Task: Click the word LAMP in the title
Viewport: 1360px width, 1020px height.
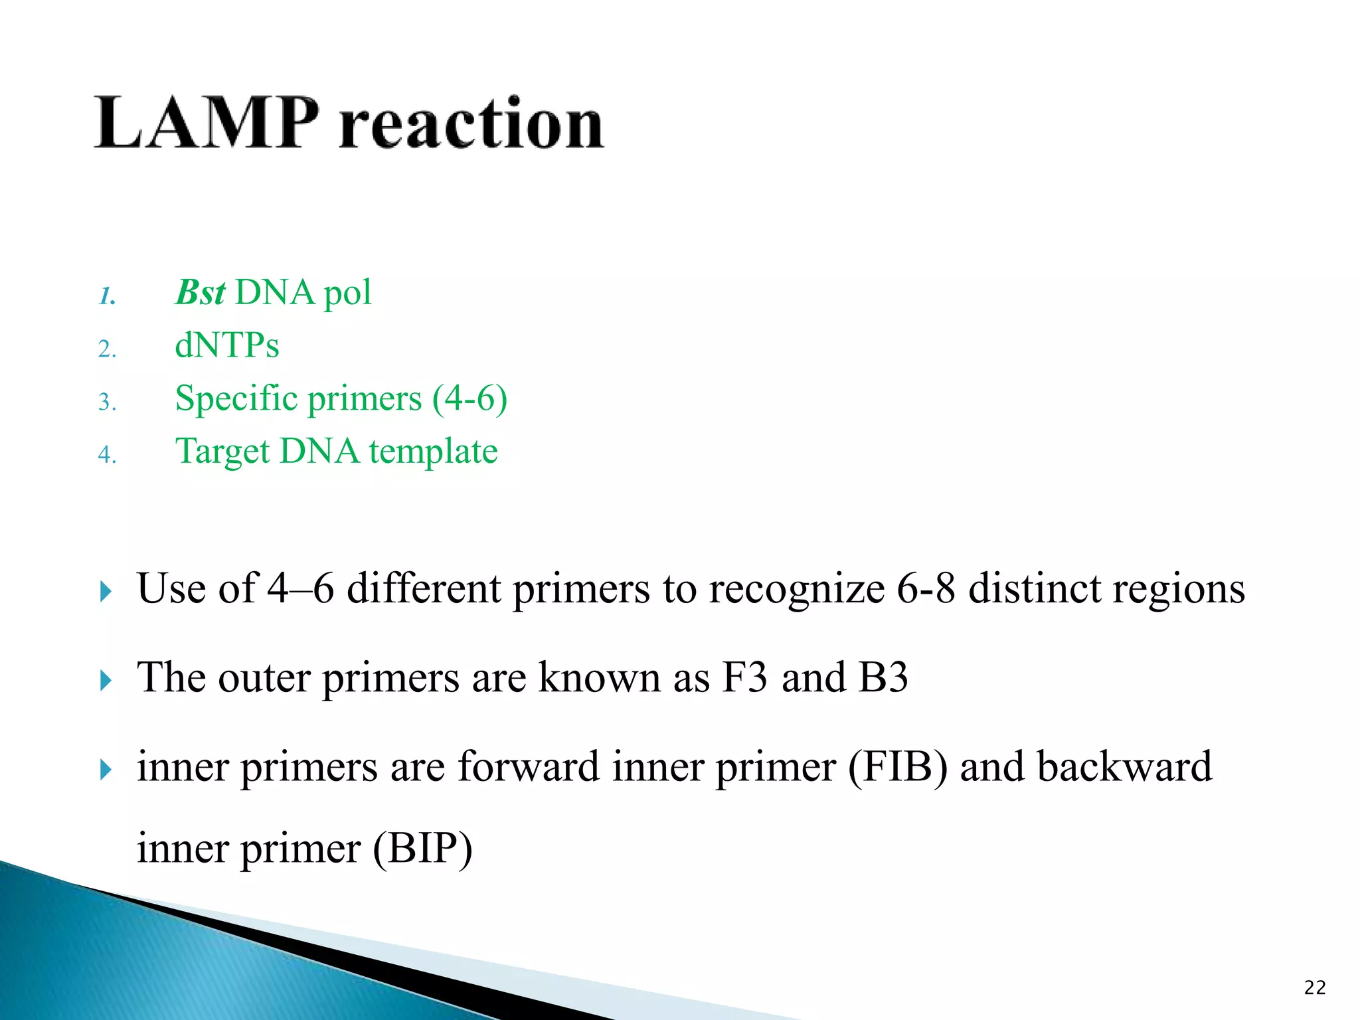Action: [207, 124]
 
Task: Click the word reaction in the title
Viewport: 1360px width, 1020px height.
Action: [471, 124]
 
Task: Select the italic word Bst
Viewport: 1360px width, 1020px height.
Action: [201, 293]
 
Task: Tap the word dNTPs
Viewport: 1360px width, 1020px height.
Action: [226, 346]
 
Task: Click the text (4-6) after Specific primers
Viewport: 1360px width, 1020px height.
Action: [469, 399]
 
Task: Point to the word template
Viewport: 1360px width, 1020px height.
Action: [433, 452]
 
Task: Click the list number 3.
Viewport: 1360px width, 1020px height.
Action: [106, 402]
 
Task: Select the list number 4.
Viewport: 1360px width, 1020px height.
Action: [106, 455]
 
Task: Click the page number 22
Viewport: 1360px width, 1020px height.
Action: [1314, 988]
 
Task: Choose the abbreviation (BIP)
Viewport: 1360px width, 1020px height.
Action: [422, 849]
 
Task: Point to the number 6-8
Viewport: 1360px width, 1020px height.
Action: [926, 589]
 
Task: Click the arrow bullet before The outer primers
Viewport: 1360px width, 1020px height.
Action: [106, 681]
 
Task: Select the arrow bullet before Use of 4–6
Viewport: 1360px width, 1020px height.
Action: [106, 591]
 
